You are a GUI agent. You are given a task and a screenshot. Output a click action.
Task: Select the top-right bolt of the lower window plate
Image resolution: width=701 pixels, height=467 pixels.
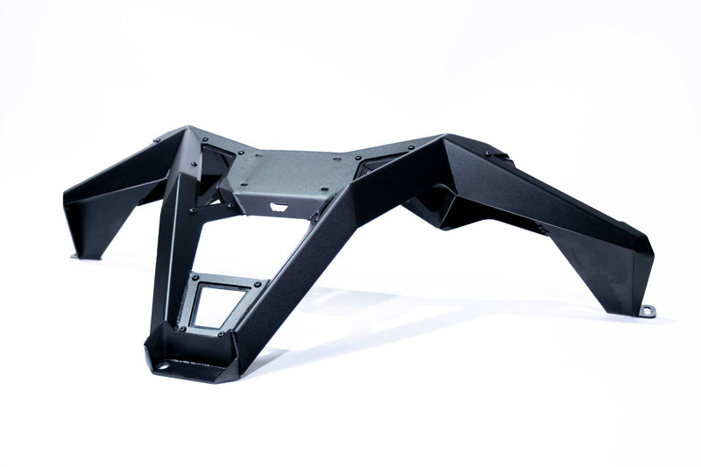point(260,284)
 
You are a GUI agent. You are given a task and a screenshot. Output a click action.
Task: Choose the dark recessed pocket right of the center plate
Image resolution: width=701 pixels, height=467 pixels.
point(377,163)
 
